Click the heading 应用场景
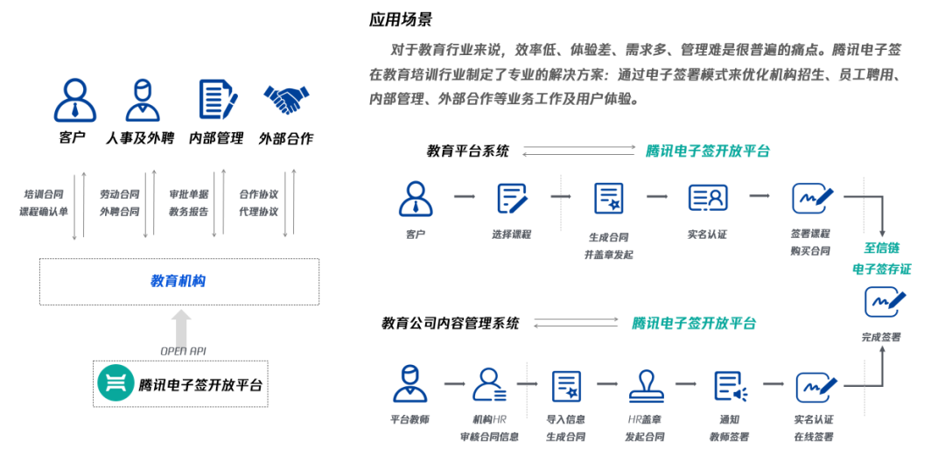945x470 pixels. coord(400,19)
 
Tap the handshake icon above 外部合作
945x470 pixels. coord(286,100)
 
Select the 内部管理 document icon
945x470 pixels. coord(216,100)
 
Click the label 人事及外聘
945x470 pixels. coord(140,138)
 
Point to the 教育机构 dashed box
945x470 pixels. coord(178,281)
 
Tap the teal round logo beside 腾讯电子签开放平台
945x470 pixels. coord(115,383)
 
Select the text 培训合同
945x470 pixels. coord(44,194)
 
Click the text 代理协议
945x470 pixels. coord(258,212)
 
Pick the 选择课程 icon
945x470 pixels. coord(512,199)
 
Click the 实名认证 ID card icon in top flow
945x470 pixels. coord(707,198)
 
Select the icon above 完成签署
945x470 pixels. coord(884,302)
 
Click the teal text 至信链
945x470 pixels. coord(881,248)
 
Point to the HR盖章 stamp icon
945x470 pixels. coord(647,385)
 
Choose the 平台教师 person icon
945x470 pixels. coord(409,384)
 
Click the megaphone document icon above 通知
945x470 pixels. coord(729,385)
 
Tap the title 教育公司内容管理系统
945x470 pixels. coord(450,323)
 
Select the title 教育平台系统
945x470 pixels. coord(467,151)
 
